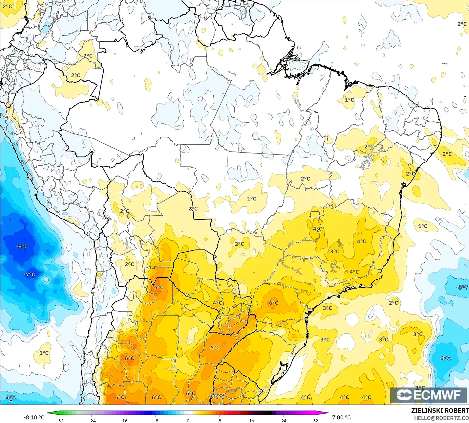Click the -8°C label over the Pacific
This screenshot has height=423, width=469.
click(22, 247)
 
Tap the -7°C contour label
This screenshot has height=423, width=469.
click(29, 274)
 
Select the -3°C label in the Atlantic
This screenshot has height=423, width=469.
click(462, 287)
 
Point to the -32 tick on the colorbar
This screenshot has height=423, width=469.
click(60, 420)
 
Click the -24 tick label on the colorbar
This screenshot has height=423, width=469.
click(92, 420)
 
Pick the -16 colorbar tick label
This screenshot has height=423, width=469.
click(123, 420)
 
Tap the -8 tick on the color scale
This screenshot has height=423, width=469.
click(156, 420)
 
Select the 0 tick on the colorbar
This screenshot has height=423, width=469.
click(188, 420)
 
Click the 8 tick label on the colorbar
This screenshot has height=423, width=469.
click(220, 420)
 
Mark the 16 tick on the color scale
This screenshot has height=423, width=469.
click(251, 420)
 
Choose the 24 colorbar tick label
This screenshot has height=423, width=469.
click(284, 420)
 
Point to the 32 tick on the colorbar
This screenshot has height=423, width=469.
click(315, 420)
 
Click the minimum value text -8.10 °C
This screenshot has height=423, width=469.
click(34, 417)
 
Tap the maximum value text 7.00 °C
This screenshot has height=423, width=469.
click(341, 417)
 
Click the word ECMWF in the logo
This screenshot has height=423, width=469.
click(437, 395)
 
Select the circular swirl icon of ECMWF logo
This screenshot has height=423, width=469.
click(404, 395)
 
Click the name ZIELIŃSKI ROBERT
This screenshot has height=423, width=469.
click(440, 411)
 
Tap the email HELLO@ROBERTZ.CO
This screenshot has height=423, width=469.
click(441, 418)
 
